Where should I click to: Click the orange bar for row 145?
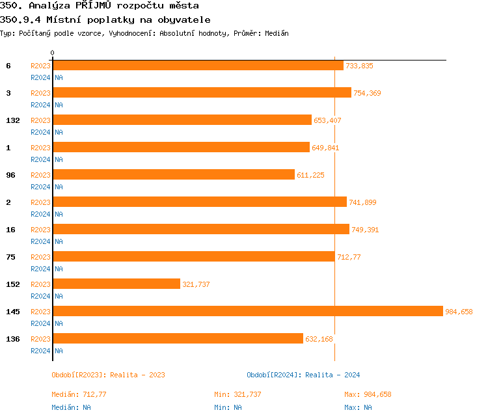[x=247, y=311]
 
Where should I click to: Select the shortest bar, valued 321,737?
[x=116, y=284]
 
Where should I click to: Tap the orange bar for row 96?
[x=174, y=174]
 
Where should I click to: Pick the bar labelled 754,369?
[x=202, y=92]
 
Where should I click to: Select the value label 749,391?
[x=365, y=230]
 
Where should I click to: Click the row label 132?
[x=12, y=120]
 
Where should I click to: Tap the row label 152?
[x=12, y=284]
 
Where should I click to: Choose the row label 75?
[x=10, y=257]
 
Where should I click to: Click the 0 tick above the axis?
[x=53, y=53]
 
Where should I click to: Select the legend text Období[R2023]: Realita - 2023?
[x=108, y=375]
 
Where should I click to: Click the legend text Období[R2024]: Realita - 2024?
[x=303, y=375]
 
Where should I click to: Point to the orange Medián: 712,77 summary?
[x=79, y=394]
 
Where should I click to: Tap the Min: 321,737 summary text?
[x=237, y=394]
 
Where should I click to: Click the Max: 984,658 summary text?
[x=368, y=394]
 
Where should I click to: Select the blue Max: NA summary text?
[x=358, y=407]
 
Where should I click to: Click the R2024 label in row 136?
[x=40, y=351]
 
